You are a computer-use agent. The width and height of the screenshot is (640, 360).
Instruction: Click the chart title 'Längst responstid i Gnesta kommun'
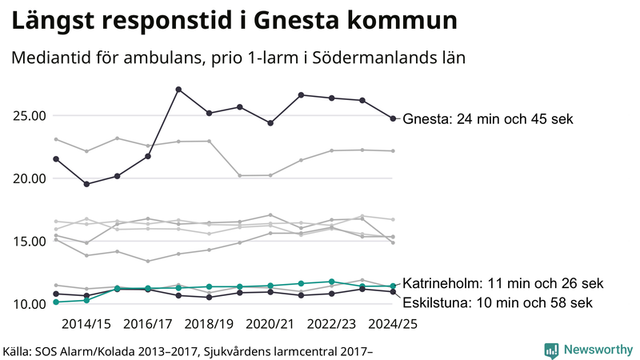(235, 22)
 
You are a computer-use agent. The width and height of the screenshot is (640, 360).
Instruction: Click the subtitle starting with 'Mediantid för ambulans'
(238, 58)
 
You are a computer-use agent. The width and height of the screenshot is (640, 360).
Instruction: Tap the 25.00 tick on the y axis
(28, 116)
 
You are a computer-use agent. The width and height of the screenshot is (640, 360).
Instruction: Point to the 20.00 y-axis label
(28, 178)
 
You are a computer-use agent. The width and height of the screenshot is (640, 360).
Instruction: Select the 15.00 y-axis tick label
(28, 242)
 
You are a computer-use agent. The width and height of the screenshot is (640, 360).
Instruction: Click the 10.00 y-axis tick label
(28, 304)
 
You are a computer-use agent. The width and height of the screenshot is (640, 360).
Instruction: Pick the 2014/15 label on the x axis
(86, 325)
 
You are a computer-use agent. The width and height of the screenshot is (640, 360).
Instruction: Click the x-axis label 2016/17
(148, 325)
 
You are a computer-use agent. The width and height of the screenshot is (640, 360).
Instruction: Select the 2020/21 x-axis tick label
(270, 325)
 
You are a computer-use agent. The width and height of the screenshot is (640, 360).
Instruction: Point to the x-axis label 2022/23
(332, 325)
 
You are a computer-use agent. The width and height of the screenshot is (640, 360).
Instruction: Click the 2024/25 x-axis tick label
(393, 325)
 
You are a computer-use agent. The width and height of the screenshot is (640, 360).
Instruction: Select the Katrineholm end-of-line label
(502, 283)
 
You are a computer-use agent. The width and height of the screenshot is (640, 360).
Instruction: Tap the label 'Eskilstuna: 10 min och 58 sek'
(497, 302)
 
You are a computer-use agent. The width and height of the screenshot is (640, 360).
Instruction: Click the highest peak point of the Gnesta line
(178, 89)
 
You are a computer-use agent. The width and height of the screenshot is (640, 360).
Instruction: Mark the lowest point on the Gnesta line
(86, 184)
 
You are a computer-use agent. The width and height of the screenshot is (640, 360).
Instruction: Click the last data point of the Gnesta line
(393, 118)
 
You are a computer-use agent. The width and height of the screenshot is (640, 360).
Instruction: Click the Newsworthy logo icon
(551, 350)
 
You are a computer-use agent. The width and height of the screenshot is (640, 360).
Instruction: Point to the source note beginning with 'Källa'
(189, 350)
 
